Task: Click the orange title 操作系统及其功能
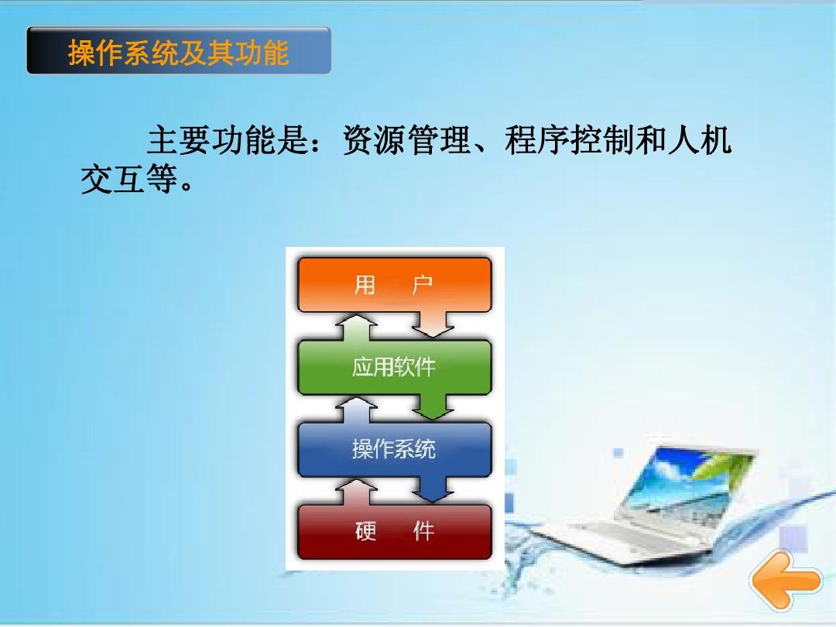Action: coord(179,53)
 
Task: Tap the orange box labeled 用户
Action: coord(394,285)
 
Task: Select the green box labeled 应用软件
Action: coord(394,367)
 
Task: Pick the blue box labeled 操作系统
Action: coord(394,450)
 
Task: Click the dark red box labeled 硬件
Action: coord(394,532)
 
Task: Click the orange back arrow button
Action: coord(786,580)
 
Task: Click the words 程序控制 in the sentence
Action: coord(570,140)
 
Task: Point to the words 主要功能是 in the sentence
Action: coord(228,140)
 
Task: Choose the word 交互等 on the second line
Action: coord(129,179)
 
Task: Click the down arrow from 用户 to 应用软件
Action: coord(433,324)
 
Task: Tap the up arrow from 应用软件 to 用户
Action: coord(356,327)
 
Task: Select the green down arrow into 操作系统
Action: coord(433,407)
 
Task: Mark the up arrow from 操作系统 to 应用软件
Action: coord(356,409)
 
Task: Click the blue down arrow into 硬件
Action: coord(433,489)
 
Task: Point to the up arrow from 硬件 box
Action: coord(356,492)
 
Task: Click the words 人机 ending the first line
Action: coord(700,140)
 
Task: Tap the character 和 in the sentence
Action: coord(651,140)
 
